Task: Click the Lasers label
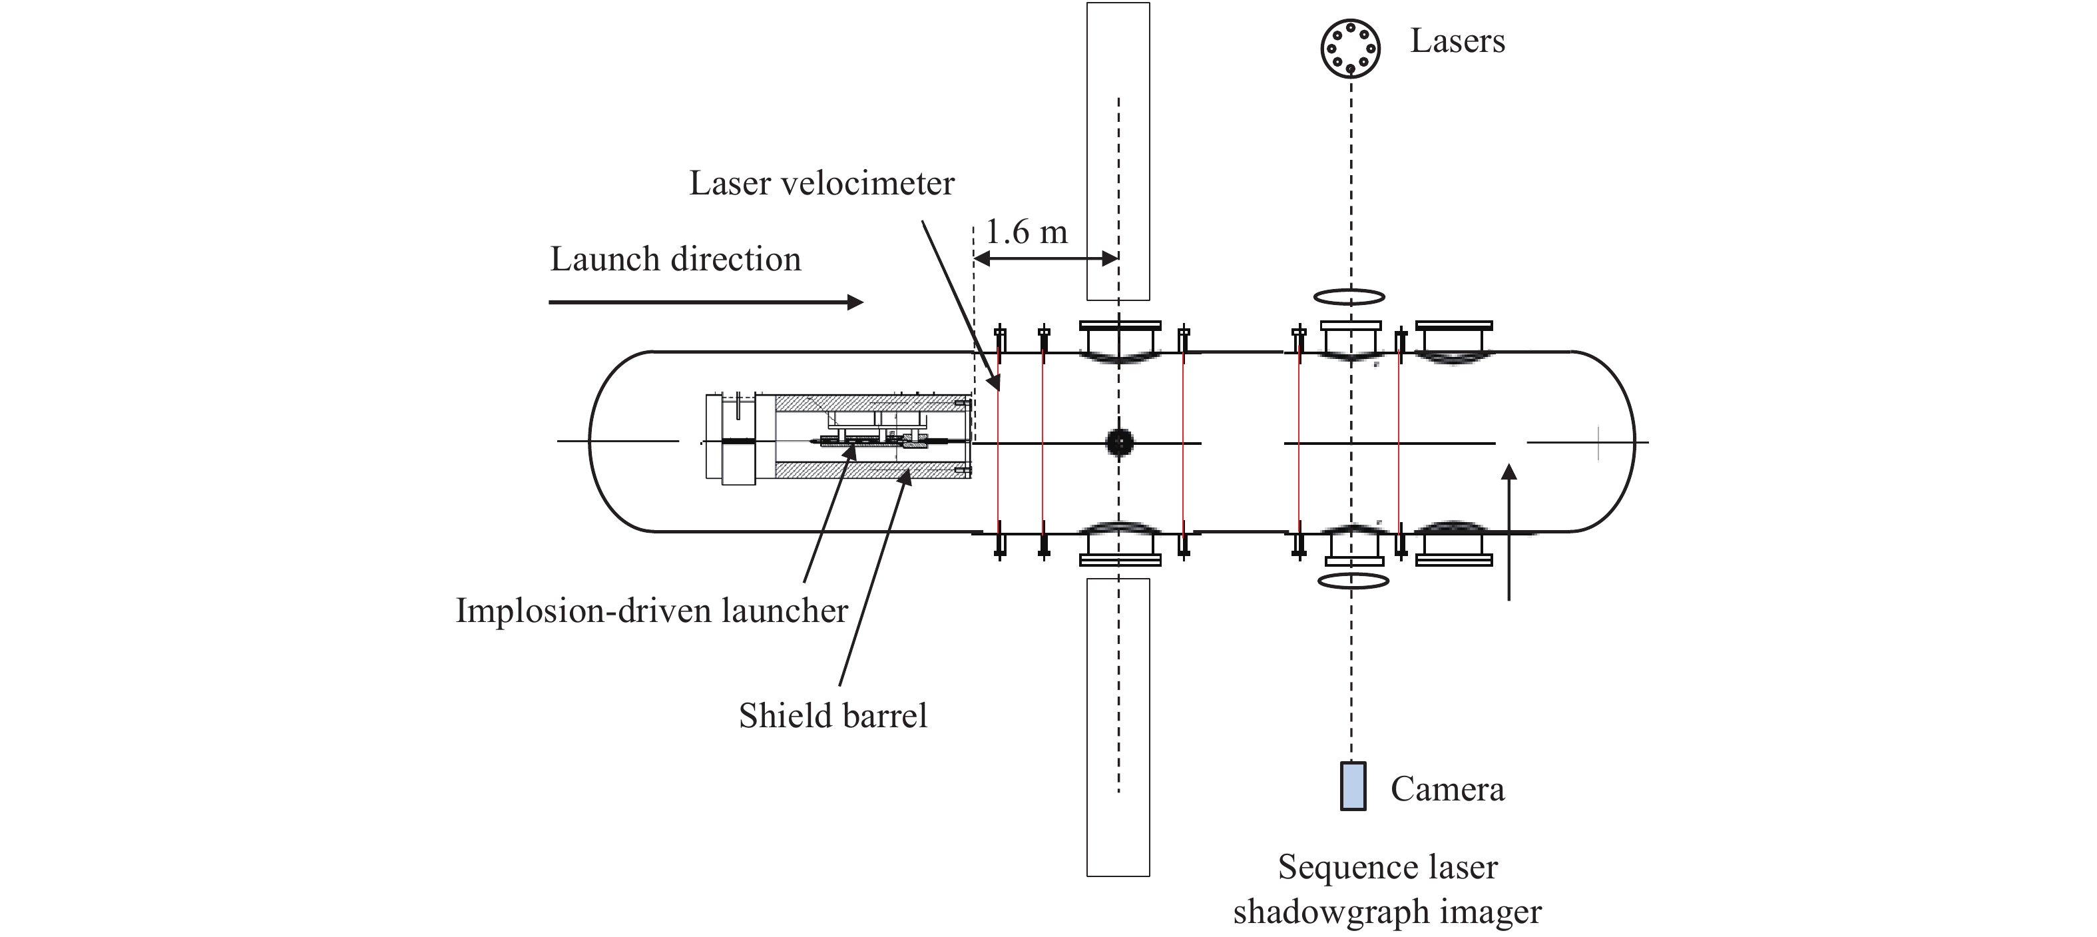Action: tap(1457, 41)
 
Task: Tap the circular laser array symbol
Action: tap(1349, 48)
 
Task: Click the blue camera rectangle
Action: tap(1353, 786)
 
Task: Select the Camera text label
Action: tap(1447, 789)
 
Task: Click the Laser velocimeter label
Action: tap(821, 183)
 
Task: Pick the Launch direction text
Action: tap(676, 260)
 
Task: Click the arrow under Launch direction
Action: tap(705, 302)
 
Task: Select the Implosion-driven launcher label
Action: tap(651, 611)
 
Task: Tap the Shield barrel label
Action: tap(833, 716)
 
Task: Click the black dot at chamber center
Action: tap(1119, 442)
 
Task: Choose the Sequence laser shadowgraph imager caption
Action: tap(1387, 889)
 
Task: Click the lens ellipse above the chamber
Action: tap(1349, 296)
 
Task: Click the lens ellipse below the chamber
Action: tap(1352, 581)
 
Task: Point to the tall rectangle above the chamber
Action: tap(1118, 151)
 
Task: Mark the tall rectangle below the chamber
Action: tap(1118, 727)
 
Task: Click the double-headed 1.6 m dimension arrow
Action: tap(1046, 259)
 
